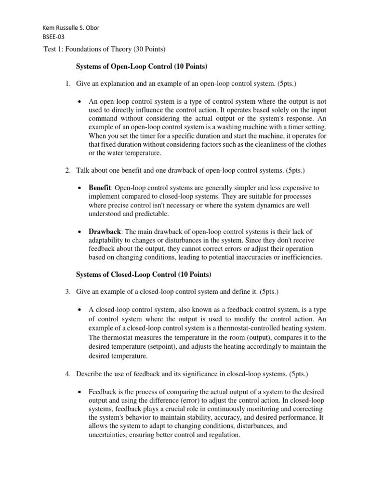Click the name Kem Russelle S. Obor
(71, 27)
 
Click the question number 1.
(68, 84)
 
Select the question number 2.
(68, 170)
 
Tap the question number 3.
(68, 291)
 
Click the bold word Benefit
(100, 187)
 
